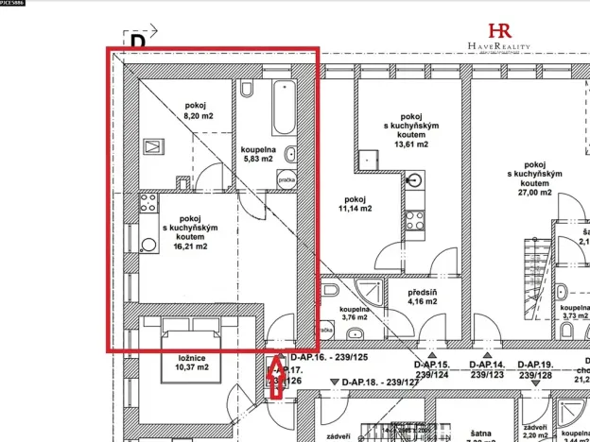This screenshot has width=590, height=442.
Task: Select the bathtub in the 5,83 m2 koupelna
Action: [281, 110]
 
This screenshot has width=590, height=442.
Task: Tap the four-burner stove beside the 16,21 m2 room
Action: [147, 202]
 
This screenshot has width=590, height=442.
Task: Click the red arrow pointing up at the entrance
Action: [277, 377]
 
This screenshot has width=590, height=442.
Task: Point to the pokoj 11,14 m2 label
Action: [355, 204]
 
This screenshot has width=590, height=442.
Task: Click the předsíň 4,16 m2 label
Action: [422, 297]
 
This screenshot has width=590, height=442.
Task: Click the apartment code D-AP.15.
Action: [431, 365]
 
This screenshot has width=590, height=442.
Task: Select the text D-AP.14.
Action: [486, 365]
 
